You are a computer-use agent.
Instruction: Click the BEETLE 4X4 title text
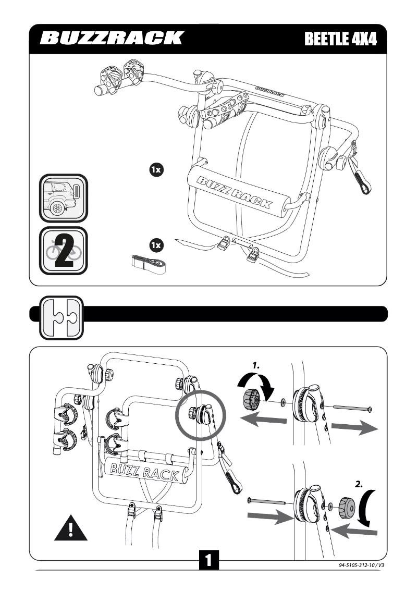pos(340,39)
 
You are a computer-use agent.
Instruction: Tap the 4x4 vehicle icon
pos(63,198)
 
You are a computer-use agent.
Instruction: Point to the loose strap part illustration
pos(148,264)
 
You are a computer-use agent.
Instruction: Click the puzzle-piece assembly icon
pos(62,318)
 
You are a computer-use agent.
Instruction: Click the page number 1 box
pos(208,560)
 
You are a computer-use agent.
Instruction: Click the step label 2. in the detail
pos(359,484)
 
